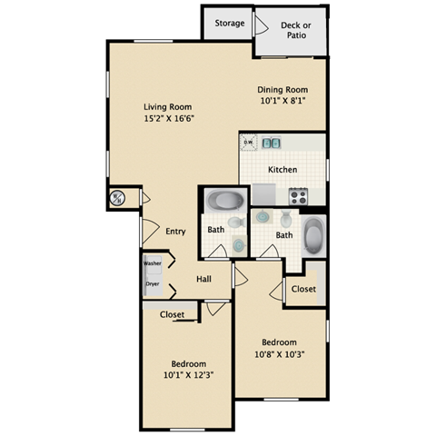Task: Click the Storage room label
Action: pos(229,24)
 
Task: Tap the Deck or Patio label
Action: pos(291,30)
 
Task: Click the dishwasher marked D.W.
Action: pos(248,142)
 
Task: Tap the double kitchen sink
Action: pos(271,143)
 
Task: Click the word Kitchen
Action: pos(282,170)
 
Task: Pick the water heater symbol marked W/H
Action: pos(118,198)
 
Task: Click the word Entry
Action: pos(175,232)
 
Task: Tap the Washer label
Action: pos(153,263)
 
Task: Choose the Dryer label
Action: pos(153,283)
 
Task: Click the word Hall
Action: pos(205,279)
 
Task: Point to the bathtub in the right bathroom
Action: pos(312,236)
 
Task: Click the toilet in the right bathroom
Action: pos(286,219)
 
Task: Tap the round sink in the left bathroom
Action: pos(239,244)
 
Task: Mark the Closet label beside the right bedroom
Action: pos(303,289)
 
